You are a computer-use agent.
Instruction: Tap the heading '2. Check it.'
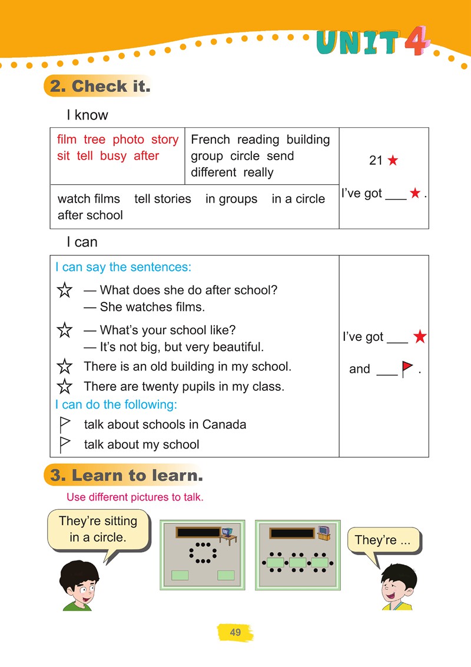99,87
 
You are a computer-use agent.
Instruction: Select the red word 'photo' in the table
128,140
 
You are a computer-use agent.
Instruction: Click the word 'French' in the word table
210,140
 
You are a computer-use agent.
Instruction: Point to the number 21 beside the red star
376,160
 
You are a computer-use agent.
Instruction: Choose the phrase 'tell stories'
162,199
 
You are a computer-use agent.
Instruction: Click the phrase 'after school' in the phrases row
90,215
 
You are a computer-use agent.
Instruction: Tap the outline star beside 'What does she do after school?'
64,290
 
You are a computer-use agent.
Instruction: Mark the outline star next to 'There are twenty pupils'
64,387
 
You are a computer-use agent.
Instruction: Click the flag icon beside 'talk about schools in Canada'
65,424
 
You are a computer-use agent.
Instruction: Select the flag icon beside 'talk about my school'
65,444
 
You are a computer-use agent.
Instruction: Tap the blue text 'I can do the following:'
116,405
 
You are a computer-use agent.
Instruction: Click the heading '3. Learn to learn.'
126,476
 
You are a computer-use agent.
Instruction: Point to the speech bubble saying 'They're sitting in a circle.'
98,530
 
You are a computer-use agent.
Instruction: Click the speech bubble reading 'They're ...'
383,540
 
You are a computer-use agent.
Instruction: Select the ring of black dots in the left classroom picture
203,552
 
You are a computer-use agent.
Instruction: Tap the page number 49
235,633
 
